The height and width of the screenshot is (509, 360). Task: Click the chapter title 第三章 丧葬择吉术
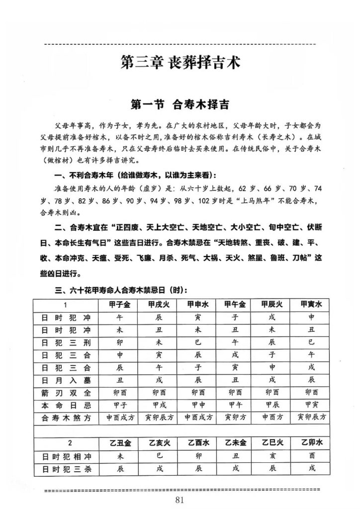[x=180, y=63]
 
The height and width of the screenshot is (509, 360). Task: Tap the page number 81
[x=180, y=500]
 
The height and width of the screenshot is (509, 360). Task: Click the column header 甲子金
[x=119, y=304]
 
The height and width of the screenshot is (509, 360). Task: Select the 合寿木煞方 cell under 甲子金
[x=120, y=418]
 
